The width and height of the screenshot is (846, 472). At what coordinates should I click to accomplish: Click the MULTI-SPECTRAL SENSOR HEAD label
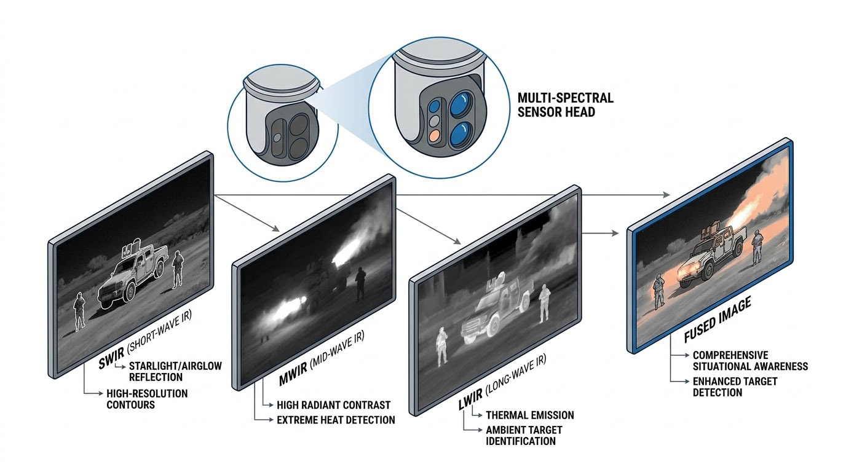pyautogui.click(x=566, y=105)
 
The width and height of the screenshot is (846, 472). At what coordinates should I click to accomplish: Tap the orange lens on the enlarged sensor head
pyautogui.click(x=434, y=135)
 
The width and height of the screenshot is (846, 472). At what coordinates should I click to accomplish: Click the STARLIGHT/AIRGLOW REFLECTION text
pyautogui.click(x=175, y=372)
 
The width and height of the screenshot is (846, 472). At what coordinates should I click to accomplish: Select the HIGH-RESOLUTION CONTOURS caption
pyautogui.click(x=147, y=399)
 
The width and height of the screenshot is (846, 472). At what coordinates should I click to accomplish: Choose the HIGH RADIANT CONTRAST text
pyautogui.click(x=333, y=405)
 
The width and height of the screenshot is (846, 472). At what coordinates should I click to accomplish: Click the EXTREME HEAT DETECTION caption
pyautogui.click(x=336, y=420)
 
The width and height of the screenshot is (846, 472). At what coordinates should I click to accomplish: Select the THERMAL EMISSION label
pyautogui.click(x=530, y=415)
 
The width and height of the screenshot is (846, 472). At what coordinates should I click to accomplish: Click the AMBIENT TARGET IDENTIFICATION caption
pyautogui.click(x=524, y=435)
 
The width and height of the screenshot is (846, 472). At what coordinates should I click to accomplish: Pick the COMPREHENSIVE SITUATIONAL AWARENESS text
pyautogui.click(x=750, y=361)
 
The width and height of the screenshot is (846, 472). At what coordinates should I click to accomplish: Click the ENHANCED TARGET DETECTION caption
pyautogui.click(x=735, y=387)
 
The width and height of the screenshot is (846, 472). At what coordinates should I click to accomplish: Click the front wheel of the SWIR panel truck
pyautogui.click(x=130, y=291)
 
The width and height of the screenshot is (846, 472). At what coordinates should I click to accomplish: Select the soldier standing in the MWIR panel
pyautogui.click(x=360, y=283)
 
